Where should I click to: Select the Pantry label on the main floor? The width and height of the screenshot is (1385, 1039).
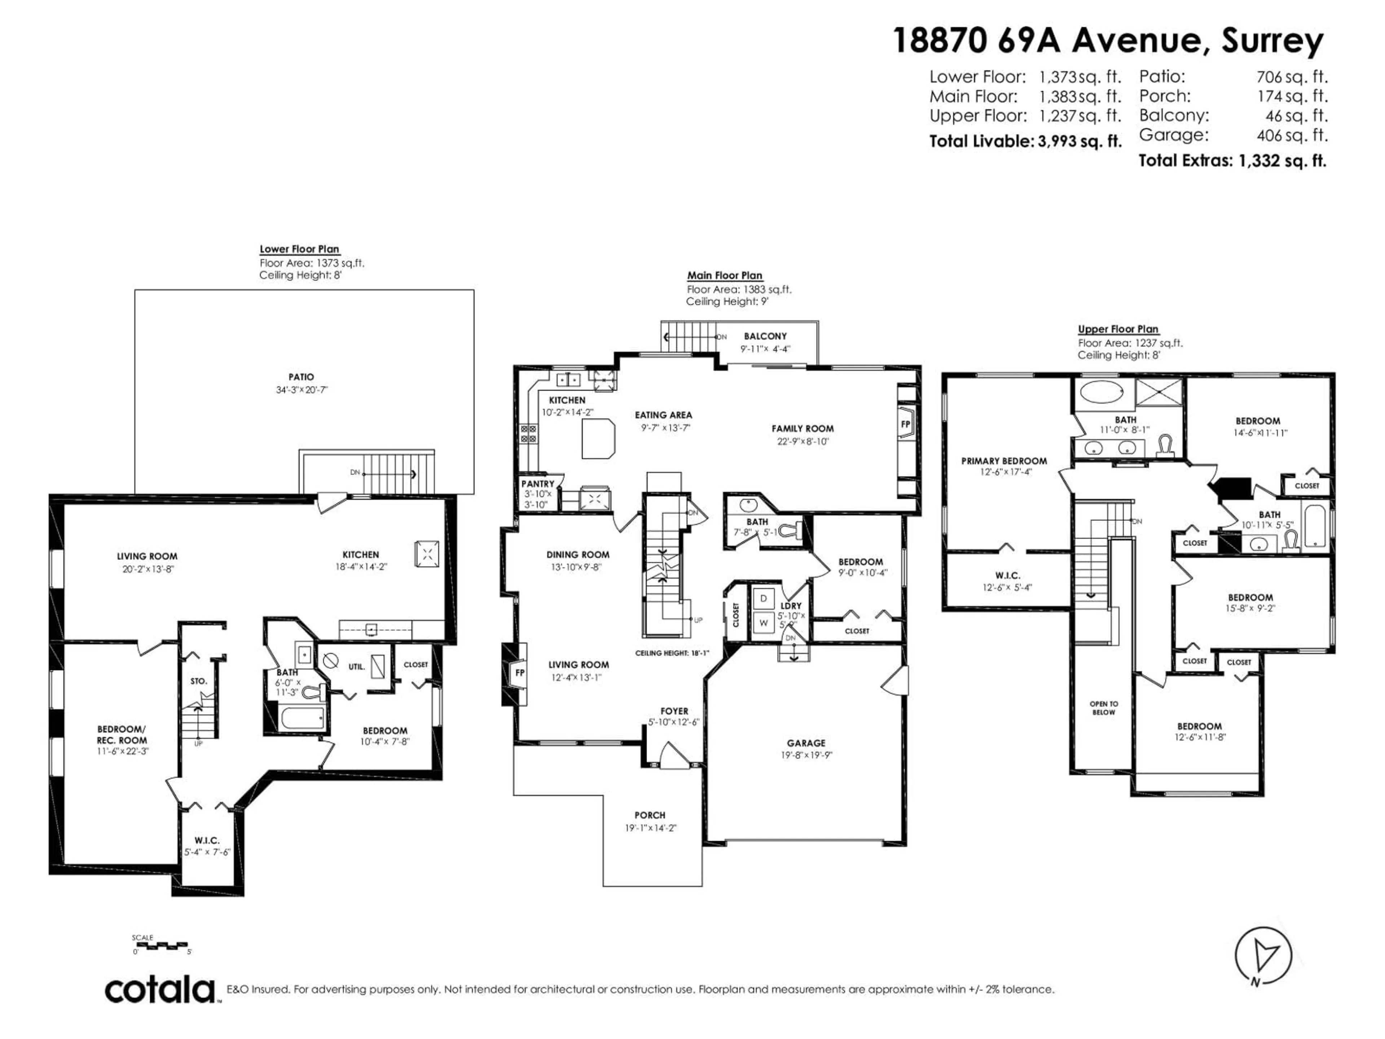tap(538, 484)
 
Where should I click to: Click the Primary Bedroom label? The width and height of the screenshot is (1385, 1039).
tap(1004, 461)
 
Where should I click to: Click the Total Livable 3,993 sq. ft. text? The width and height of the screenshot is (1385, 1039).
tap(1024, 141)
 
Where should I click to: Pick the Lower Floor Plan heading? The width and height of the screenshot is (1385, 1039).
tap(299, 249)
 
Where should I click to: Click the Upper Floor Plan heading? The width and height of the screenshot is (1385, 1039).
tap(1118, 329)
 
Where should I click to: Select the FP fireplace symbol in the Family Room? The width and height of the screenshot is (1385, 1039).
tap(905, 425)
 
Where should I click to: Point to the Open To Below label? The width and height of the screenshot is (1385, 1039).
tap(1103, 708)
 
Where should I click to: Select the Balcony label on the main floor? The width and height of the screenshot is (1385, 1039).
tap(765, 336)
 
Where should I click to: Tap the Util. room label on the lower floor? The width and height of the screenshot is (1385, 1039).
tap(356, 667)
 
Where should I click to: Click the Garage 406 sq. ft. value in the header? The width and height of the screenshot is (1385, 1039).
tap(1291, 135)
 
